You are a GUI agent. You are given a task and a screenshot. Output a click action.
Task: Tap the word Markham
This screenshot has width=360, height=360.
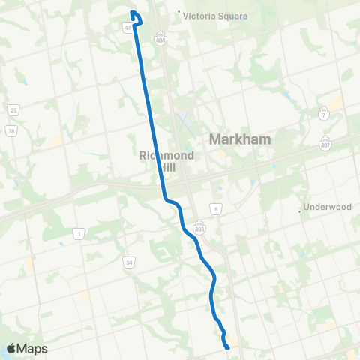[240, 139]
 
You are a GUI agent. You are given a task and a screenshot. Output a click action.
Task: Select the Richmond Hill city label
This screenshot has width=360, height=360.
[156, 161]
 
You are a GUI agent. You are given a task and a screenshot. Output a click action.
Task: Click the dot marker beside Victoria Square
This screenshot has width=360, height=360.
[178, 13]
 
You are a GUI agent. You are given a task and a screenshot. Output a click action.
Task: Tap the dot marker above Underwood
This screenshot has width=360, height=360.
[300, 211]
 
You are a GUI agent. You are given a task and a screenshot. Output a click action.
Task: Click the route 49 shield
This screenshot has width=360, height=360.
[127, 28]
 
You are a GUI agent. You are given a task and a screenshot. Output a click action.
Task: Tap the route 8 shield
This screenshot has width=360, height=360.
[216, 208]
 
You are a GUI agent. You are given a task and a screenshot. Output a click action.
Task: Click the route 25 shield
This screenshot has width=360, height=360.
[13, 111]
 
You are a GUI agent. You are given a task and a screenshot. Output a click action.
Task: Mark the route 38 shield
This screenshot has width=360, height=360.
[10, 130]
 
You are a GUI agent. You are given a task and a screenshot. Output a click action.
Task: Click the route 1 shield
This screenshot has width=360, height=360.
[79, 235]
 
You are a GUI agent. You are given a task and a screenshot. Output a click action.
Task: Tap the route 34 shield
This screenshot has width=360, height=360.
[129, 262]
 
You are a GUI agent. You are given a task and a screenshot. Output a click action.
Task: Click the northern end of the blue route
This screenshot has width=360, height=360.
[132, 11]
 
